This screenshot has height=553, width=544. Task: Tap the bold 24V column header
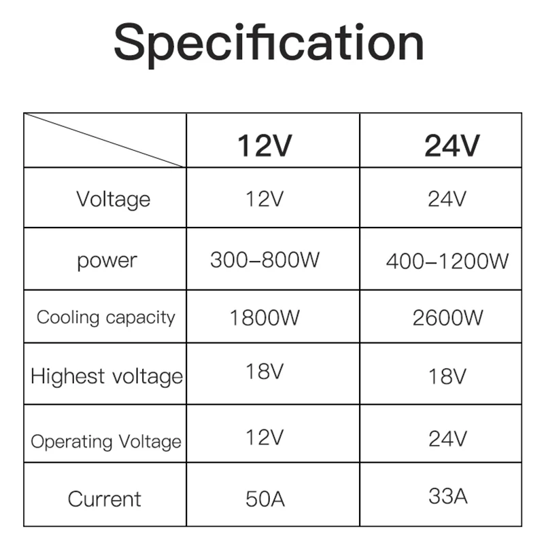[452, 145]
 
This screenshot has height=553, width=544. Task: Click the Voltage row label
[113, 199]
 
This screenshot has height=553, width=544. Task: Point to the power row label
[107, 260]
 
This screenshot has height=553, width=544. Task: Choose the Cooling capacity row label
[106, 317]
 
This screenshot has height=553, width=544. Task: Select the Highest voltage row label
[107, 376]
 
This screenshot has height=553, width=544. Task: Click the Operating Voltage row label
[106, 442]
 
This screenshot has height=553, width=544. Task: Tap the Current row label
[105, 499]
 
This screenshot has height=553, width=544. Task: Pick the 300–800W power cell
[265, 260]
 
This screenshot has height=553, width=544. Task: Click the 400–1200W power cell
[447, 261]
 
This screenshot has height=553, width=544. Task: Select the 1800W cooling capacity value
[264, 317]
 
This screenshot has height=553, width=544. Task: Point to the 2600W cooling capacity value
[447, 317]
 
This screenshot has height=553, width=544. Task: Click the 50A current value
[265, 499]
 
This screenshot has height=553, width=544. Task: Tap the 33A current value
[447, 496]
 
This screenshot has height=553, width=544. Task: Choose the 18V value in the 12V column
[264, 372]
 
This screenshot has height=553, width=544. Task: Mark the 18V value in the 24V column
[447, 376]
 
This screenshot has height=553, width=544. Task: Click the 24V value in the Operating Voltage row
[447, 439]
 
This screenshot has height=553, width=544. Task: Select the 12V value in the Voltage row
[264, 199]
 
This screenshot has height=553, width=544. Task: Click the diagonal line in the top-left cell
[105, 140]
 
